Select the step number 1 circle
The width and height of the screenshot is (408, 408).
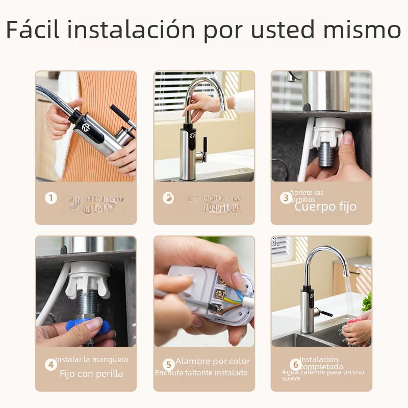(50, 198)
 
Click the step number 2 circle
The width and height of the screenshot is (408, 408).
(168, 198)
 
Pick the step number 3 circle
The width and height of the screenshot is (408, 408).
(286, 198)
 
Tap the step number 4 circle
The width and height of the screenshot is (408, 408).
(50, 365)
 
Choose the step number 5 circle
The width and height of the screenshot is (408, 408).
(168, 365)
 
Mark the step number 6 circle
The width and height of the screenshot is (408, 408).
(295, 365)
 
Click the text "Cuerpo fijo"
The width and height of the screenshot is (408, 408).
(325, 207)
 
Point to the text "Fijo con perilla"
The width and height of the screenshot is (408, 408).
(91, 374)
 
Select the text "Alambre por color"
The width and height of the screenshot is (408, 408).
(213, 362)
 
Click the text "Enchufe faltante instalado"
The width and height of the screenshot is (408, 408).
(201, 373)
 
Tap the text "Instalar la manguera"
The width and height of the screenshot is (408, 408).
(92, 360)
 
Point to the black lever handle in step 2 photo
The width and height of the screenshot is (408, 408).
(205, 148)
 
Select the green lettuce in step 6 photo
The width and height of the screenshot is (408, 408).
(367, 302)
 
